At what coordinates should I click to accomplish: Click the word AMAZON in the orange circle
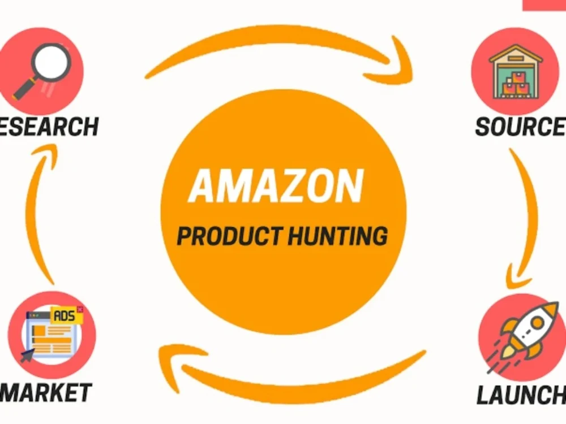(276, 185)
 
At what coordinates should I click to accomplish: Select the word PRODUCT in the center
(230, 236)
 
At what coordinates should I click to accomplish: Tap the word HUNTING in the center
(338, 236)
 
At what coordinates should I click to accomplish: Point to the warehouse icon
(516, 71)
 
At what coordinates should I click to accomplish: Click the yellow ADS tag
(66, 315)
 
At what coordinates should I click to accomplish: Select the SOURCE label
(520, 127)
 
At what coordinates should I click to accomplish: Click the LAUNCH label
(521, 395)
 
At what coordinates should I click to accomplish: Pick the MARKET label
(45, 392)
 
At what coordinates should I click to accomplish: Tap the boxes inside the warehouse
(516, 85)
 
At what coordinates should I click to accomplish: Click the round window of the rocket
(537, 322)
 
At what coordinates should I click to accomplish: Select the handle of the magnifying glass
(24, 89)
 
